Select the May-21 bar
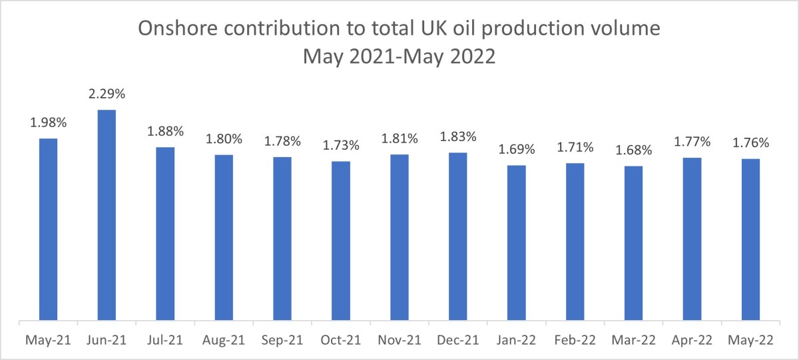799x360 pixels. point(48,230)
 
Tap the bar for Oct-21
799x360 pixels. point(341,242)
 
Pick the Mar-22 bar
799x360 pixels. point(634,244)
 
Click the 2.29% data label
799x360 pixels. point(107,95)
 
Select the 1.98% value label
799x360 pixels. point(48,124)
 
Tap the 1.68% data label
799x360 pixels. point(634,151)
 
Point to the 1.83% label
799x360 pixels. point(458,138)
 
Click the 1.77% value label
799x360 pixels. point(692,142)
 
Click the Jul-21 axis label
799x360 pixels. point(165,340)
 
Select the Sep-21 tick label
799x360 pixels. point(282,340)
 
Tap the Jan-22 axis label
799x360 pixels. point(517,340)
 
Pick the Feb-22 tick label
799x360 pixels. point(575,340)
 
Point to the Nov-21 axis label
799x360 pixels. point(400,340)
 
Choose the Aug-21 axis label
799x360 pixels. point(224,340)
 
